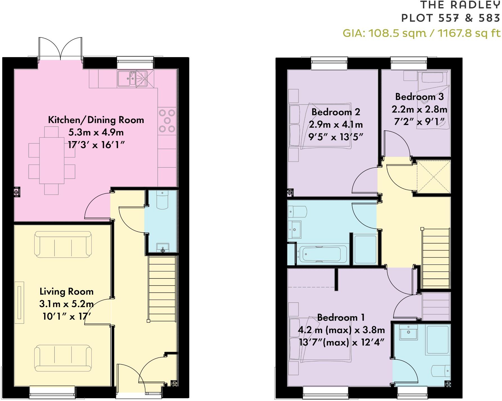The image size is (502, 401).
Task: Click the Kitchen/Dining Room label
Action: (96, 120)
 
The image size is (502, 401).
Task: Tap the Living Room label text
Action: (66, 291)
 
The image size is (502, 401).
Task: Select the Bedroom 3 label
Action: (419, 97)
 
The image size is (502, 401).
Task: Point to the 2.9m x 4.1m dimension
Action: (336, 124)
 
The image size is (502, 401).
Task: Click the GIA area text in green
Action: (422, 33)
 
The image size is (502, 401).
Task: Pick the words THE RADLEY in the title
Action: (460, 5)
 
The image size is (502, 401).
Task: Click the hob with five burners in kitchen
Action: (167, 121)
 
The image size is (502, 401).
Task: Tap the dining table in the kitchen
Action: (52, 160)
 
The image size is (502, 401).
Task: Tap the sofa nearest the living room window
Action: (63, 359)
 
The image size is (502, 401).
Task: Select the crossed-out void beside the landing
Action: (433, 177)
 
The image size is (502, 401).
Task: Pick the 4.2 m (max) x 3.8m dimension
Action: (341, 330)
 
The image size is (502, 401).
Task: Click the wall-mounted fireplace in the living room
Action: (19, 302)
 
